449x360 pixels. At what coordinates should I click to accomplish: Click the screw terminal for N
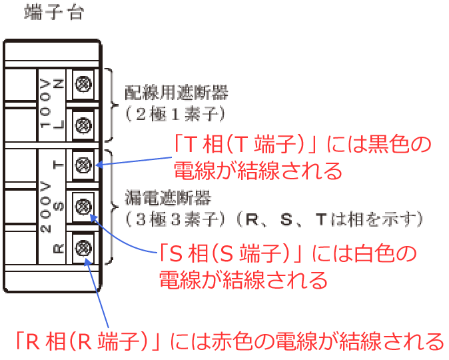coord(84,84)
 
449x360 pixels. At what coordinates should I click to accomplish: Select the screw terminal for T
coord(84,165)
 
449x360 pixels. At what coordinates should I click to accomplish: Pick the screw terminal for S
coord(84,206)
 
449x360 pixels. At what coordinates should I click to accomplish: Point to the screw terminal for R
coord(84,248)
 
